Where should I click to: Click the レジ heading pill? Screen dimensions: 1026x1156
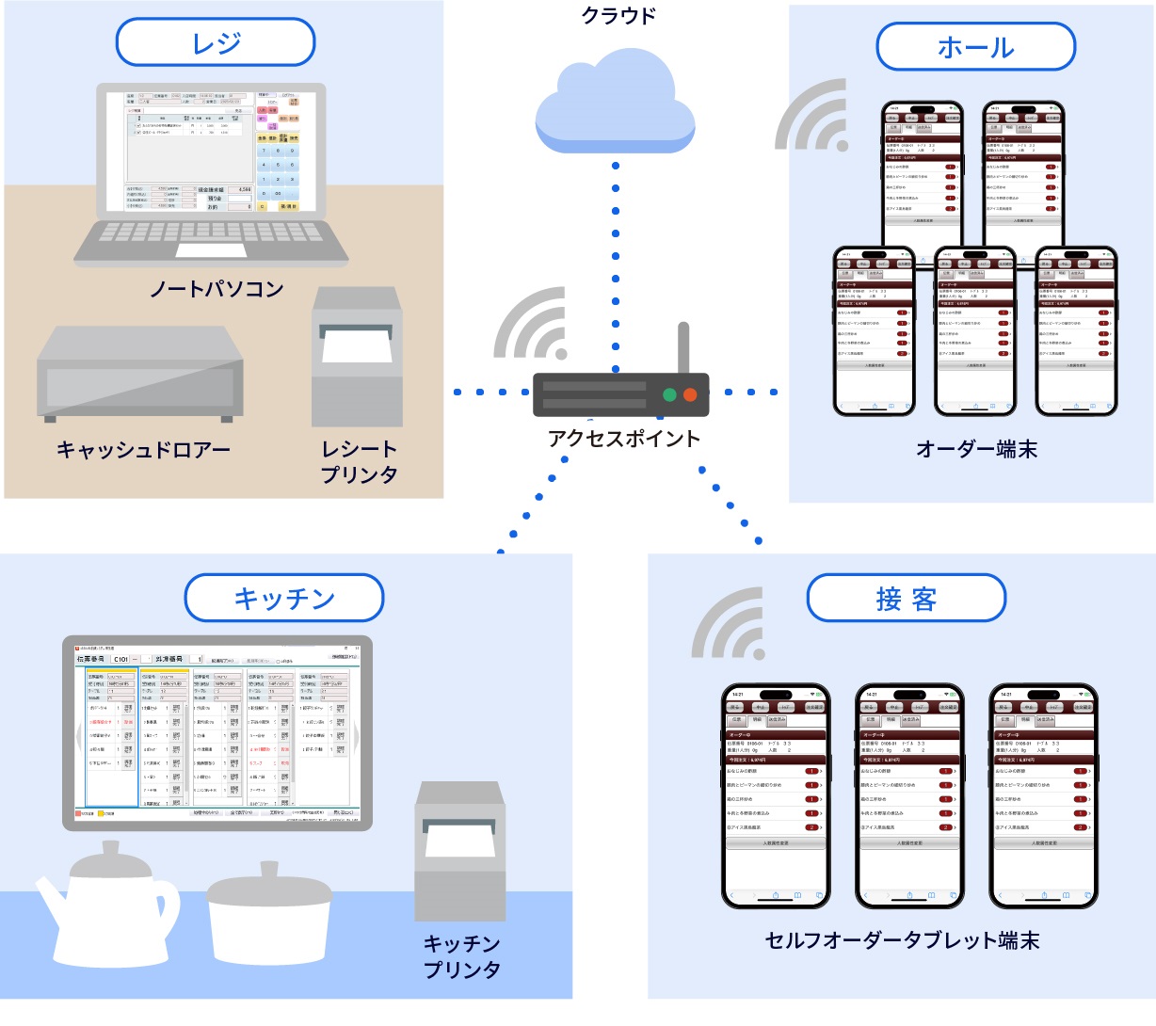(x=215, y=43)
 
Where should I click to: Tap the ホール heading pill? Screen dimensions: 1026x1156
(x=975, y=47)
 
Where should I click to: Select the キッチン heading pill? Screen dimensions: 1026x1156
(x=284, y=599)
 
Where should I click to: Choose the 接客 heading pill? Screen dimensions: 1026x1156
(x=906, y=599)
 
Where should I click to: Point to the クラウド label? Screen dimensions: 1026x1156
(x=618, y=15)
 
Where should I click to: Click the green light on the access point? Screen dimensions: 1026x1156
(x=669, y=395)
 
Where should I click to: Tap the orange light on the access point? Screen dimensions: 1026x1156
(x=690, y=395)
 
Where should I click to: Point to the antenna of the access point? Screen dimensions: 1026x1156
(x=684, y=348)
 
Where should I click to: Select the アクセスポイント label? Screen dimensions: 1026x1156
(x=624, y=439)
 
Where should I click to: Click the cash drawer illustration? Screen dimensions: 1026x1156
(x=139, y=374)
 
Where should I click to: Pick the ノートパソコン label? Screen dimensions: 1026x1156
(x=217, y=289)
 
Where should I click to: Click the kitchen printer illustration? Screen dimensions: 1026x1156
(x=460, y=852)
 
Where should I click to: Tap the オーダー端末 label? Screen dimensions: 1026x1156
(x=976, y=450)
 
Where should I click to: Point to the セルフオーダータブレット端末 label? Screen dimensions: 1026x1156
(x=902, y=940)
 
